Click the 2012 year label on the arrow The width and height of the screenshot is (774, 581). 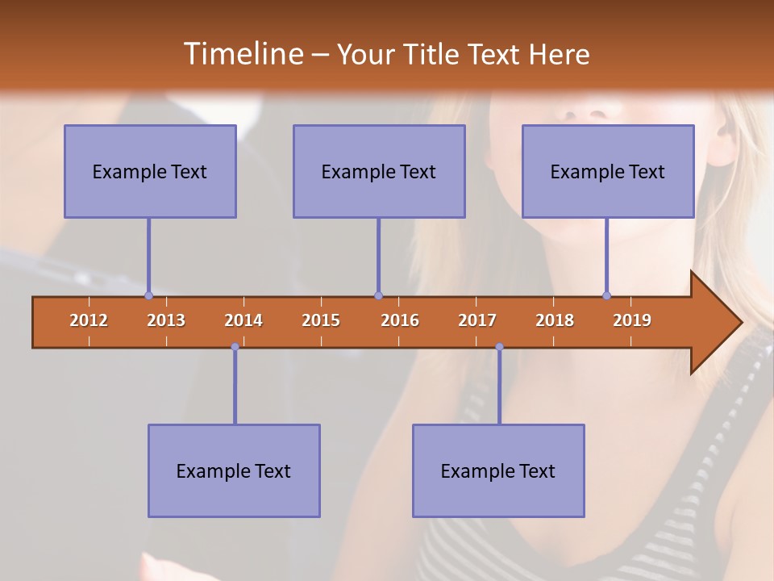click(x=89, y=320)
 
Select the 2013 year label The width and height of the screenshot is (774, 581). click(x=166, y=320)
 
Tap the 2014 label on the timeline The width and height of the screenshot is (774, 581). click(x=243, y=320)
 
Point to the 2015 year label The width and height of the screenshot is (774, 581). click(x=321, y=320)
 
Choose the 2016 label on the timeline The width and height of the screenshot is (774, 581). click(x=400, y=320)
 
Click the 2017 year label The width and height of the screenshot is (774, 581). click(x=477, y=320)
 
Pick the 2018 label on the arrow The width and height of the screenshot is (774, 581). click(x=555, y=320)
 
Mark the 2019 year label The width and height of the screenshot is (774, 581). click(x=632, y=320)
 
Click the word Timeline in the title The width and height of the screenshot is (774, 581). click(x=243, y=54)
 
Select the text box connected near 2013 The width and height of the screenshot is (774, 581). click(x=150, y=171)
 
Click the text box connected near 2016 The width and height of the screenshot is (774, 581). click(x=379, y=171)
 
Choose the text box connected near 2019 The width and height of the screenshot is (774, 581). click(x=608, y=171)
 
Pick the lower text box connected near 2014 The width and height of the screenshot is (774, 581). click(x=234, y=470)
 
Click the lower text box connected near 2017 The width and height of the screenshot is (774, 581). click(x=498, y=470)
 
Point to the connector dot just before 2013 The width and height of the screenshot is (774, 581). click(x=148, y=295)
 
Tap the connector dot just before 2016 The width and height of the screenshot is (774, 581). click(x=378, y=295)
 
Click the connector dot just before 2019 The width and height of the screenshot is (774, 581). click(x=606, y=295)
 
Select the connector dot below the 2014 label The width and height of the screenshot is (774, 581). click(x=235, y=347)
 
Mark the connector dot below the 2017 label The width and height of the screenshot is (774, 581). click(x=499, y=347)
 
